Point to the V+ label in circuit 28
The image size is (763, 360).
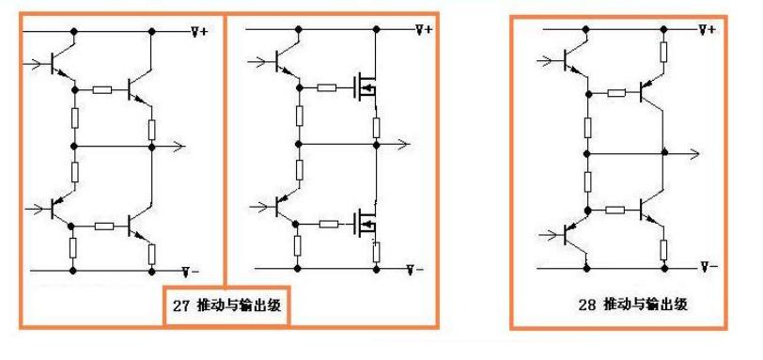coord(707,31)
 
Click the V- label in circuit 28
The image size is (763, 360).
coord(708,268)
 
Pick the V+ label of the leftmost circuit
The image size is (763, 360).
coord(200,31)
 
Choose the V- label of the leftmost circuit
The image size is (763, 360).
coord(190,271)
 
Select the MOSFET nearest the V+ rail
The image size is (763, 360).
coord(362,89)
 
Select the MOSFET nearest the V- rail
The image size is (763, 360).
coord(362,224)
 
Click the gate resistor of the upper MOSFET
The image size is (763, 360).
coord(328,88)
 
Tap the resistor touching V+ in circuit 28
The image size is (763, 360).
coord(664,53)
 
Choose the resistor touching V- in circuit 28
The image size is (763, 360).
coord(664,249)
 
